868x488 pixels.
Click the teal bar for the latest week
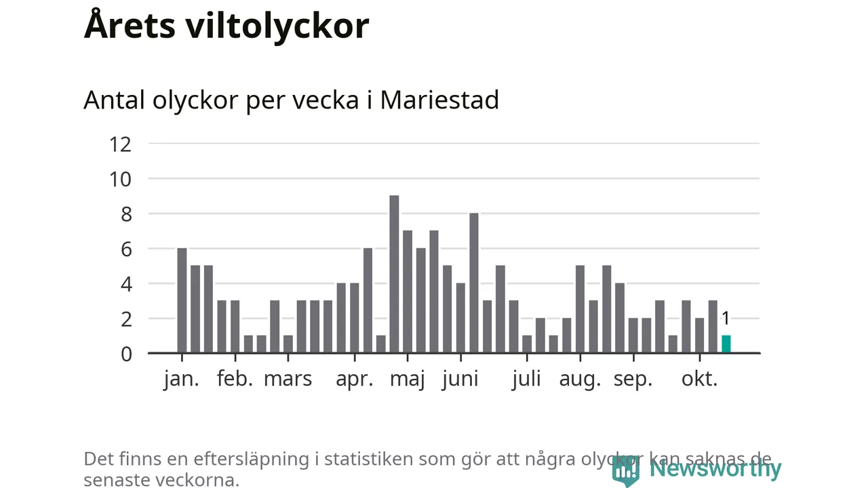[x=726, y=344]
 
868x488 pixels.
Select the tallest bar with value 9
[x=394, y=274]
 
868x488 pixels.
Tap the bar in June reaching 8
[x=474, y=283]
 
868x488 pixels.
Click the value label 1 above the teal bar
[x=726, y=319]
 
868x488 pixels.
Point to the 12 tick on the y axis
[x=120, y=144]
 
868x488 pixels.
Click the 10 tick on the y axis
[x=120, y=179]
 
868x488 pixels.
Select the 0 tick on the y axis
[x=126, y=354]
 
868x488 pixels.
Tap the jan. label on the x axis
[x=182, y=379]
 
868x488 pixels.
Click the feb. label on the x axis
[x=235, y=379]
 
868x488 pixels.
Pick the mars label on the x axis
[x=288, y=379]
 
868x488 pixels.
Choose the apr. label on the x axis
[x=355, y=379]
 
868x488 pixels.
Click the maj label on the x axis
[x=407, y=379]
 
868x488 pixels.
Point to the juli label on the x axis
[x=526, y=379]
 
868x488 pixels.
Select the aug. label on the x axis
[x=580, y=379]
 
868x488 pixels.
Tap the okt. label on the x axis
[x=699, y=379]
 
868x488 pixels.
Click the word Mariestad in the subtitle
[x=439, y=100]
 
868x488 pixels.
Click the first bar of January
[x=182, y=300]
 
